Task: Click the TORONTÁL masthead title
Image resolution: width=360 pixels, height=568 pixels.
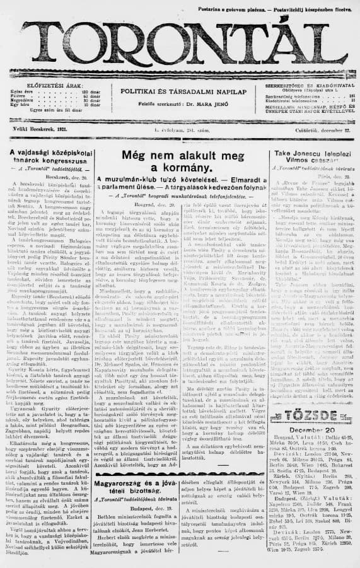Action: [180, 40]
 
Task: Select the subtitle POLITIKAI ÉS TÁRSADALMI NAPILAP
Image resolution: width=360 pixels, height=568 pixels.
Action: [180, 90]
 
